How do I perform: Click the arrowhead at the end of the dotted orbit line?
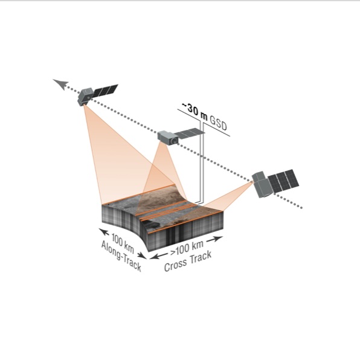(60, 84)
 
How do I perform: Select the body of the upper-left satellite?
(85, 97)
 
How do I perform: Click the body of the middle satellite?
(168, 138)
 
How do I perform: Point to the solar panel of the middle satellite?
(189, 133)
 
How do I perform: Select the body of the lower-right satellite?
(262, 184)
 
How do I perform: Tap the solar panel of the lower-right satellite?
(283, 181)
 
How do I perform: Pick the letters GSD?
(218, 123)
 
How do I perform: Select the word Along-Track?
(121, 256)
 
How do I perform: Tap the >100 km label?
(187, 248)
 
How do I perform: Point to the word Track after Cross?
(201, 257)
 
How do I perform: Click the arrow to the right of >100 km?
(215, 239)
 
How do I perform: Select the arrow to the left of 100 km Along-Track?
(104, 232)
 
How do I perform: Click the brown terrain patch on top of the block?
(158, 196)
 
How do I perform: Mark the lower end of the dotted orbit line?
(301, 208)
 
